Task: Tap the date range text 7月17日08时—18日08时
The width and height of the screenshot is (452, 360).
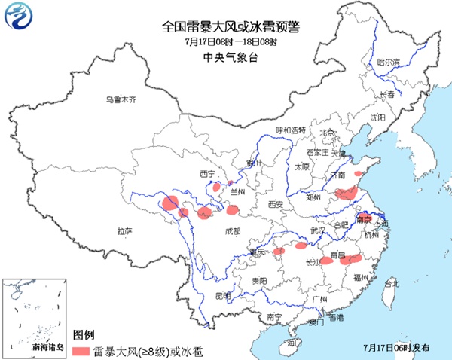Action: [225, 42]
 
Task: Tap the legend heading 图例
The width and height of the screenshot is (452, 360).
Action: [83, 334]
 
